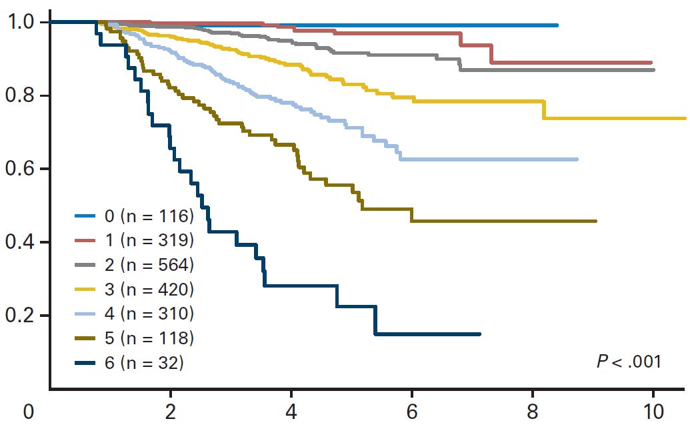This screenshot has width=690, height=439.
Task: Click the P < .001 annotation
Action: pos(628,362)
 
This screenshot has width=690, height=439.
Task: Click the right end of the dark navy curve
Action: pos(479,334)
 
